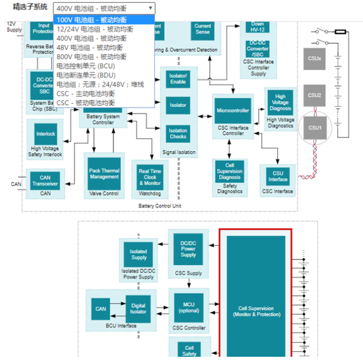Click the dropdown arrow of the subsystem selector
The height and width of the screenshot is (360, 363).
pos(150,8)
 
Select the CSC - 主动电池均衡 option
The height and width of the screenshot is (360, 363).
pos(86,94)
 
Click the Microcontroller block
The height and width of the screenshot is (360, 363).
pos(232,110)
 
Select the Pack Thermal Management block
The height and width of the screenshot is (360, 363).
pos(104,173)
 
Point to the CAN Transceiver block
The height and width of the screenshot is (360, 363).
pos(46,181)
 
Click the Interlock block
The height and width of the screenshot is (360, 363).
pos(46,134)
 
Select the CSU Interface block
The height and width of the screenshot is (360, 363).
pos(278,176)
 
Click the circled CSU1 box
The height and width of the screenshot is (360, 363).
pos(315,127)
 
